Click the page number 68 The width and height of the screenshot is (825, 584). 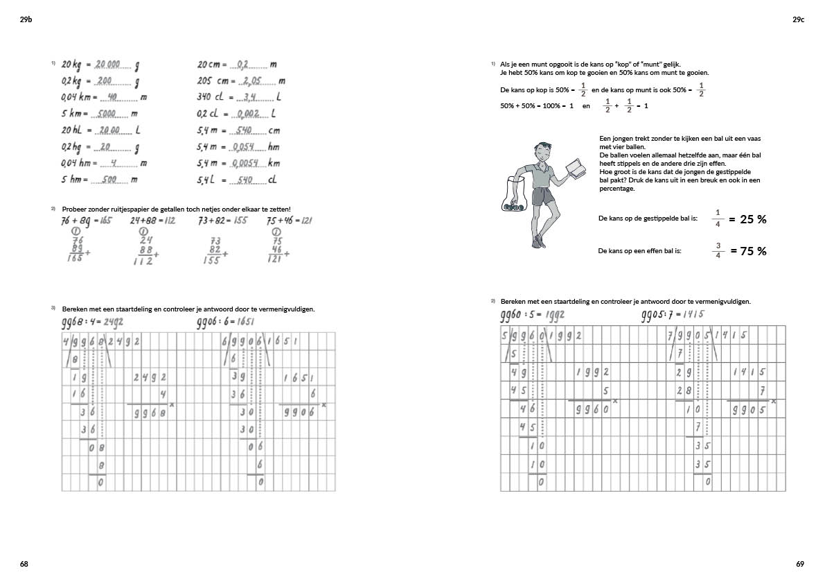(24, 564)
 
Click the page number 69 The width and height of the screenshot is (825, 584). (800, 564)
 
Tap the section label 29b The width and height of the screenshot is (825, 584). (26, 20)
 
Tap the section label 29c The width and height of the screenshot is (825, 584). (798, 20)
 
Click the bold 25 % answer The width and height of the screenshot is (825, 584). (753, 219)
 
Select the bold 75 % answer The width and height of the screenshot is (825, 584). (753, 251)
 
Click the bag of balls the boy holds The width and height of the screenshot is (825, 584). (513, 198)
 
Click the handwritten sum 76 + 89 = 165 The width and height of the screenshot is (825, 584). (86, 221)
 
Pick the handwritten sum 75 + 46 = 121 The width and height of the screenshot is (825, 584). (289, 221)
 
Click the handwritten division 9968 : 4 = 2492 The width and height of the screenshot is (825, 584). (93, 321)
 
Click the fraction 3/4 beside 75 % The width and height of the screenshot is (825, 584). (718, 251)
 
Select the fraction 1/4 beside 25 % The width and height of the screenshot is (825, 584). (718, 218)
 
